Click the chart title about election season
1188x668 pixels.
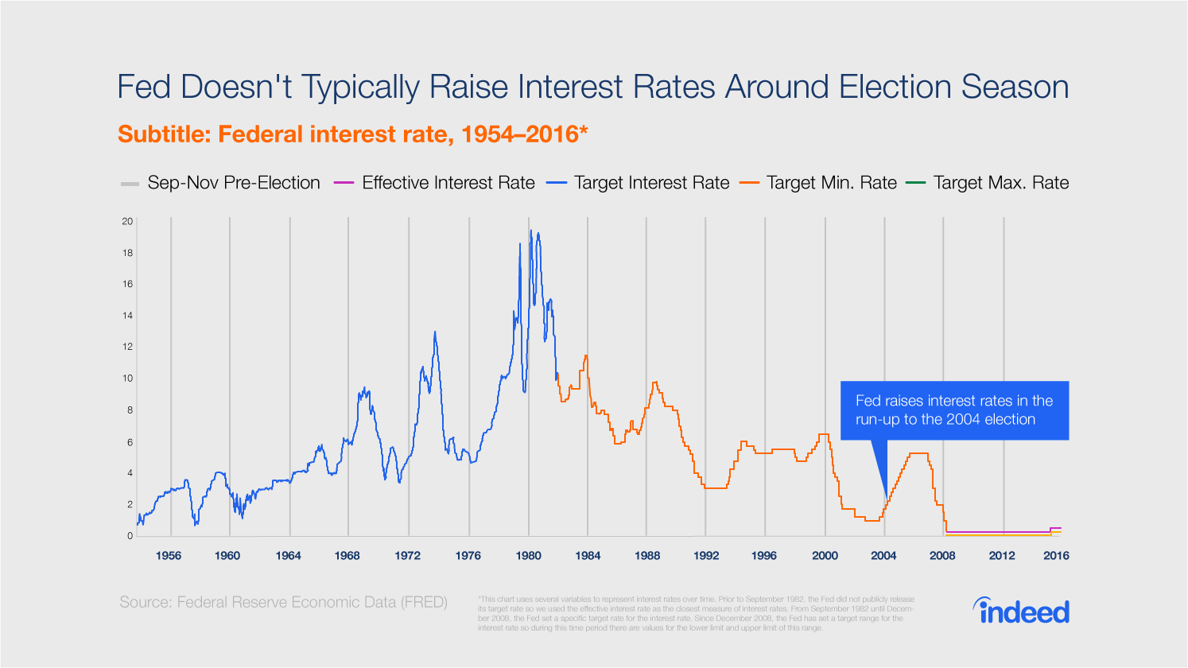click(x=592, y=87)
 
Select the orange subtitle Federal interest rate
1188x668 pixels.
click(x=352, y=134)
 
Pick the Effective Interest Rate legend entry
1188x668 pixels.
click(x=435, y=183)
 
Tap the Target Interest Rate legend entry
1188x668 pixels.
click(x=639, y=183)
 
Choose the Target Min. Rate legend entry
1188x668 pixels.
click(x=818, y=183)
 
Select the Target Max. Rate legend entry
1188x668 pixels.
click(x=988, y=183)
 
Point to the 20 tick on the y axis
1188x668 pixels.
click(x=127, y=221)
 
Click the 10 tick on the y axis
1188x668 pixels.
click(x=127, y=379)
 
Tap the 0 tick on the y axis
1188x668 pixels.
click(x=130, y=535)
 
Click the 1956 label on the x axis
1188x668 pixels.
click(x=169, y=556)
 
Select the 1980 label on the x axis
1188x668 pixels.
click(x=528, y=556)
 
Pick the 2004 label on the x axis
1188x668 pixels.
click(x=883, y=556)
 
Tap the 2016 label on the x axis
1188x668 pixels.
click(x=1056, y=556)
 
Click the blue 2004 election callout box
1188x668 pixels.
click(x=954, y=410)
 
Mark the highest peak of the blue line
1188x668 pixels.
click(x=531, y=231)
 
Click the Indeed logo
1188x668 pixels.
click(x=1021, y=611)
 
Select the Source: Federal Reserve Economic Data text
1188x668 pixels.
click(x=283, y=602)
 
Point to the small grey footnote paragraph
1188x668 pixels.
click(x=696, y=613)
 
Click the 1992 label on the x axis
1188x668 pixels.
click(x=706, y=556)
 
